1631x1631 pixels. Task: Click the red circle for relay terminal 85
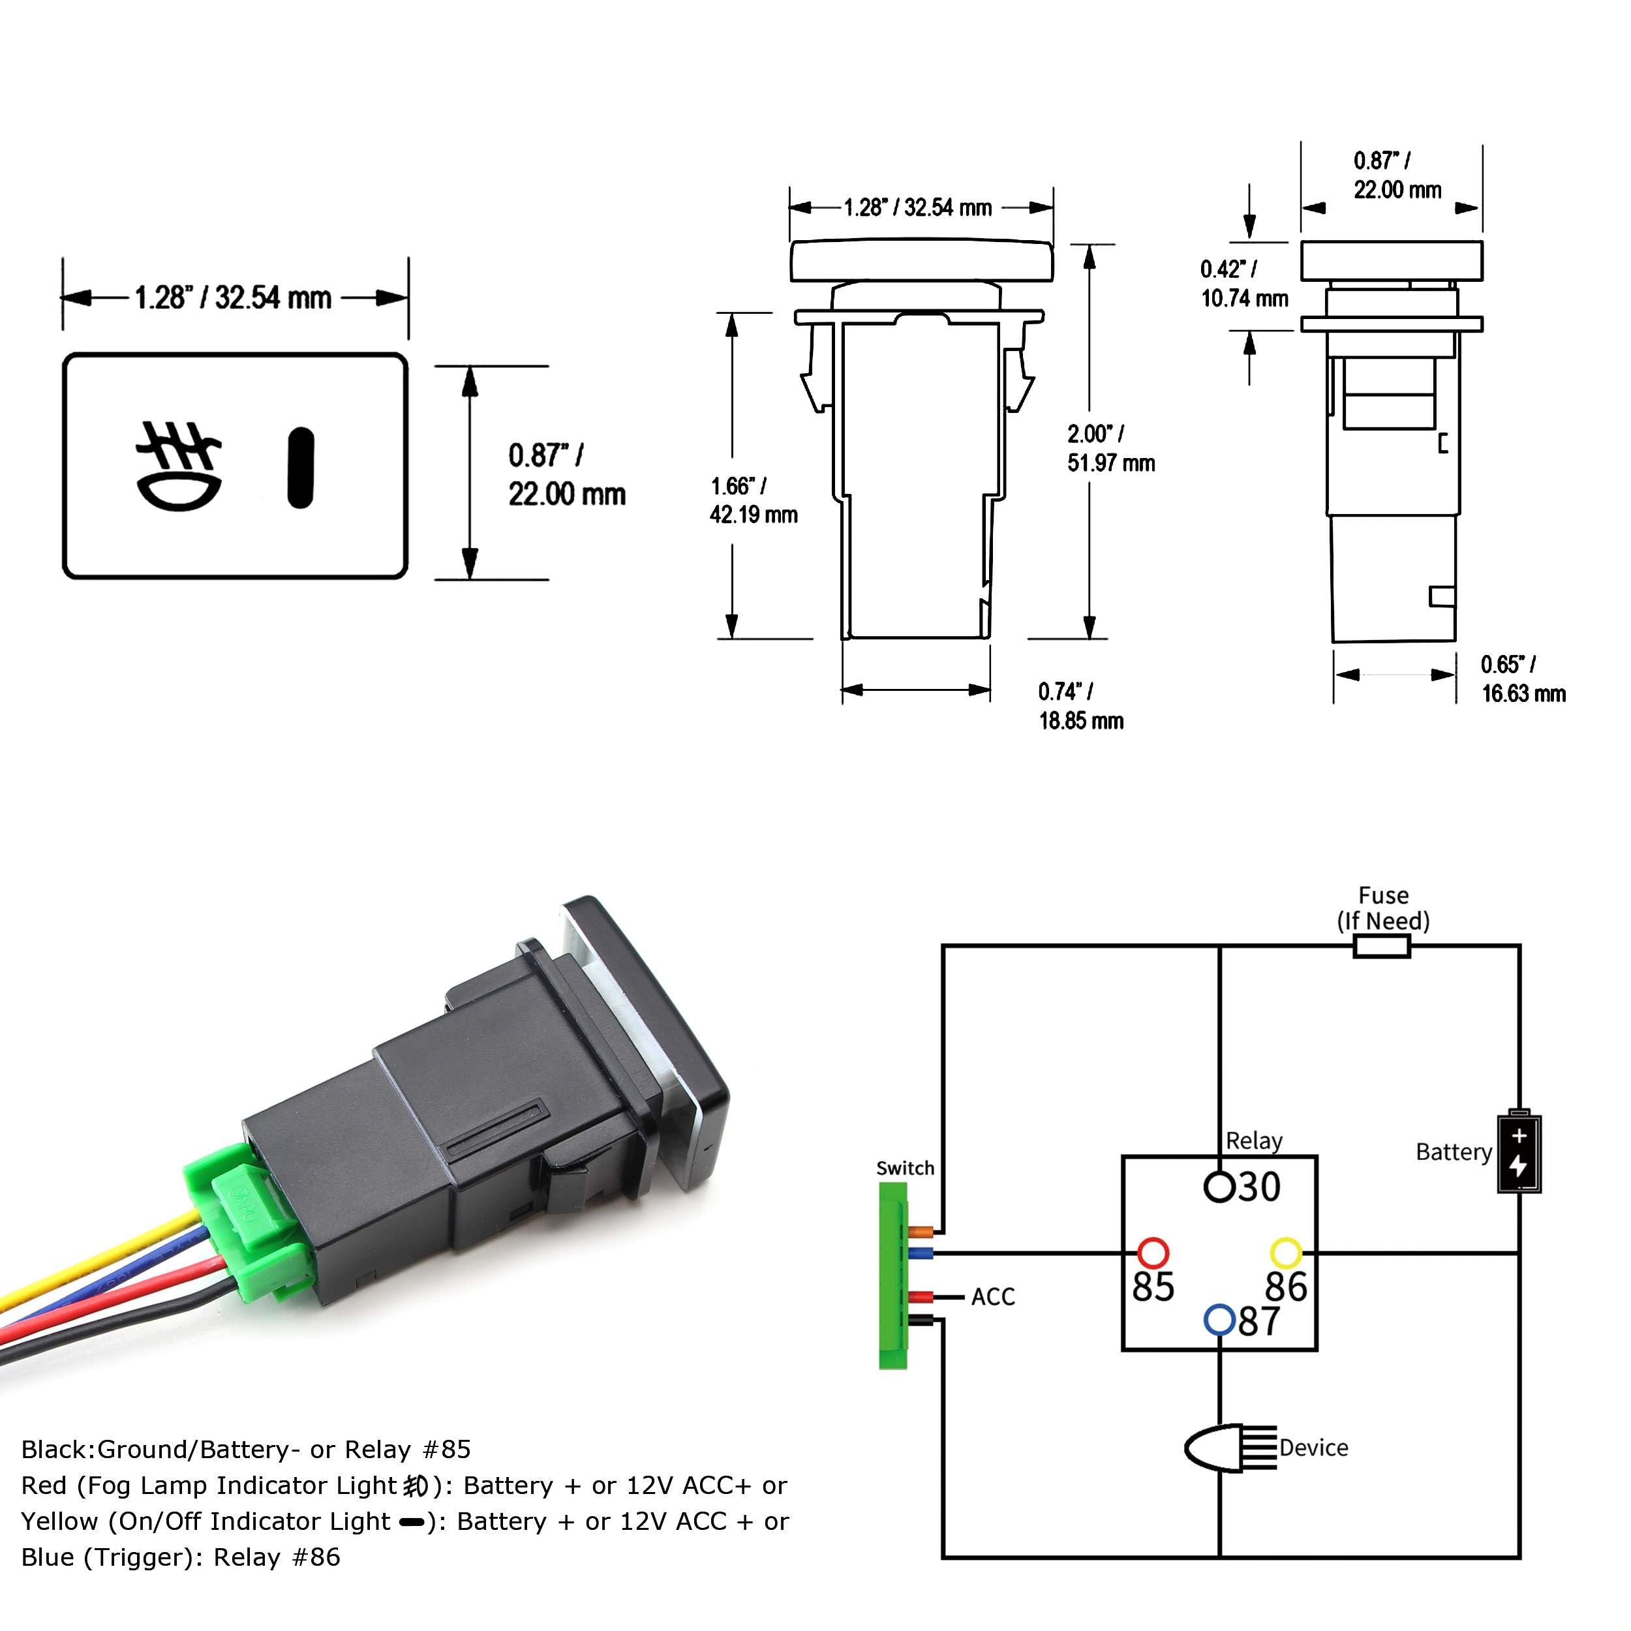click(x=1153, y=1253)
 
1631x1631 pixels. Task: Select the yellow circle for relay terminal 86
click(x=1286, y=1253)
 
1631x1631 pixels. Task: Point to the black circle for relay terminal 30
click(x=1219, y=1186)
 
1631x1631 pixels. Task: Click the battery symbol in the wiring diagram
click(x=1519, y=1151)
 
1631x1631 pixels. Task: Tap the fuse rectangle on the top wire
click(x=1382, y=947)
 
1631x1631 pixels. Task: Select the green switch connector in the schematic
click(x=893, y=1275)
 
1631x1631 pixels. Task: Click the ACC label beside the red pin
click(x=993, y=1297)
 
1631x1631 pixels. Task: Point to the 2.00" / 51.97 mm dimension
click(x=1110, y=448)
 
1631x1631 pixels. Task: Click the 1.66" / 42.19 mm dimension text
click(x=753, y=500)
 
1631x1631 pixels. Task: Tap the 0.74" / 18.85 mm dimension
click(x=1080, y=706)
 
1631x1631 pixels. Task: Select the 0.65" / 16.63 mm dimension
click(x=1523, y=678)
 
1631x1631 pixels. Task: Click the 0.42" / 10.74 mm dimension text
click(x=1243, y=284)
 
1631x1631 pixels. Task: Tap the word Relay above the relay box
click(x=1254, y=1140)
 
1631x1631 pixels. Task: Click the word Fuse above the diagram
click(x=1383, y=895)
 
